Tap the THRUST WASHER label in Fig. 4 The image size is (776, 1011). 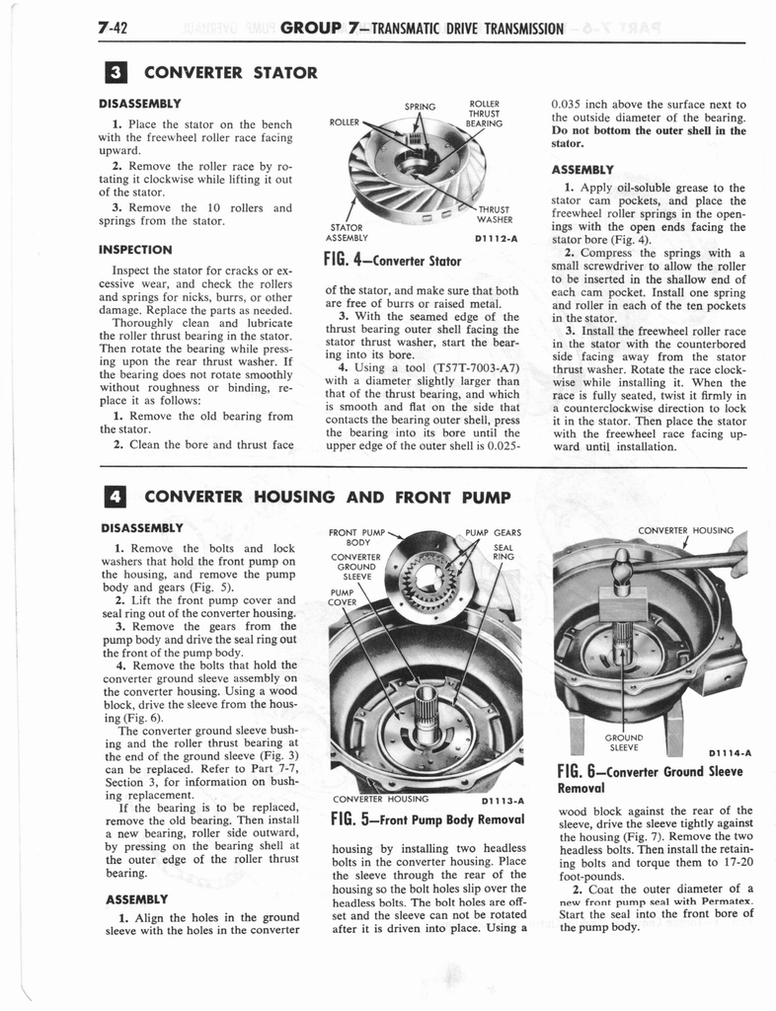pyautogui.click(x=494, y=214)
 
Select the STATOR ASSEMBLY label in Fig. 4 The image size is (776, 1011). pyautogui.click(x=347, y=232)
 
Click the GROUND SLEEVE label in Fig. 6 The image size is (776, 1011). pyautogui.click(x=625, y=741)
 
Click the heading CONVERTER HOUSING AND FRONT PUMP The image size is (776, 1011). pyautogui.click(x=327, y=496)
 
